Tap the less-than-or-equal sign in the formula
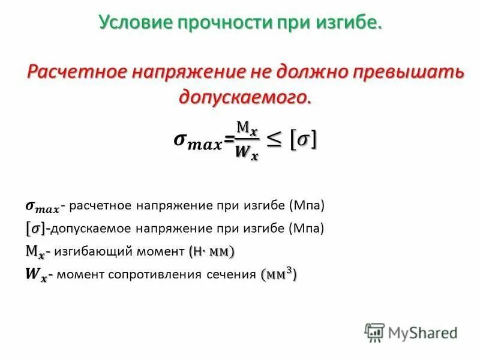[x=274, y=140]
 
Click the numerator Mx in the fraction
[x=247, y=128]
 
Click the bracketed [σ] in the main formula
[x=304, y=140]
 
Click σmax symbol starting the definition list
[x=42, y=207]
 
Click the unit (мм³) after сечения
[x=279, y=274]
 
